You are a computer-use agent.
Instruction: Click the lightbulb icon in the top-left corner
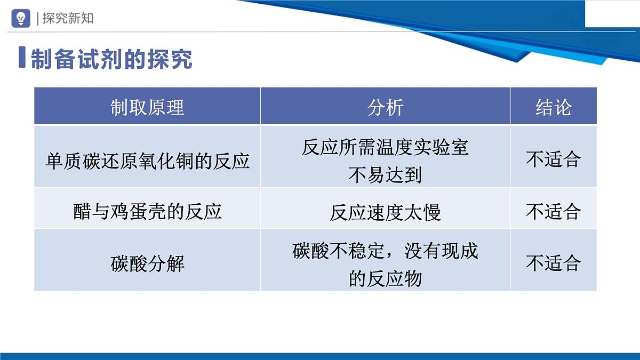[21, 18]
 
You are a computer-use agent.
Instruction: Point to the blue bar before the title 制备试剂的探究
[22, 58]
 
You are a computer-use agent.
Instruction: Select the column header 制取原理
[147, 107]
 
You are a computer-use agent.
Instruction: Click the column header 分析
[385, 107]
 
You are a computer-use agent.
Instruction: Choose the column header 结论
[553, 107]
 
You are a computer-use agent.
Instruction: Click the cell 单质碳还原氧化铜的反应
[147, 161]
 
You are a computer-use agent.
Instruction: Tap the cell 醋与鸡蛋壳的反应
[147, 212]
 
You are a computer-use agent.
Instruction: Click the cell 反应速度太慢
[385, 213]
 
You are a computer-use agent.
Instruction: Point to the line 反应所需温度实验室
[385, 147]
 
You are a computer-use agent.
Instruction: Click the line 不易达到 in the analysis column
[385, 174]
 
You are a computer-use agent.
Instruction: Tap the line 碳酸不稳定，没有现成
[385, 251]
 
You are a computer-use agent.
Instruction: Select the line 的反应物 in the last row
[385, 278]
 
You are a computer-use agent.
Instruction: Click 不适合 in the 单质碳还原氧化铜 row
[553, 159]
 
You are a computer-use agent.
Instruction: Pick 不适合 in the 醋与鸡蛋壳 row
[553, 212]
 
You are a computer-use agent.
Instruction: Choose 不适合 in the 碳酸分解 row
[553, 263]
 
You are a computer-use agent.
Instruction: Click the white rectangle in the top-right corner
[612, 13]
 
